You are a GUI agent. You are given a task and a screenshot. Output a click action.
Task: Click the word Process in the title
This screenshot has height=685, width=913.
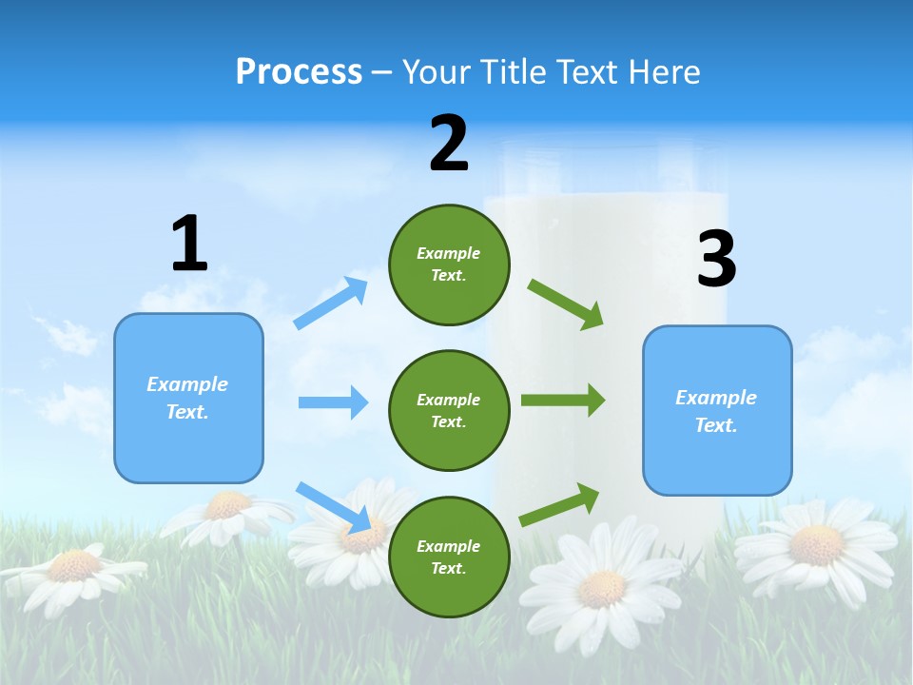[299, 72]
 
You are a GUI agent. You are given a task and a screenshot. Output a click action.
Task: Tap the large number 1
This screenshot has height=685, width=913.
[188, 245]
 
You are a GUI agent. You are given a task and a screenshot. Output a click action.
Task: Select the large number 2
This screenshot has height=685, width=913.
[449, 144]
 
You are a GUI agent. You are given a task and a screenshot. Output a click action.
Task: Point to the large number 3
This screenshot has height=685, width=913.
[716, 260]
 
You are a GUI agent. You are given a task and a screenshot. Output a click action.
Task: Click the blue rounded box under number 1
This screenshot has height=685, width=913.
[188, 398]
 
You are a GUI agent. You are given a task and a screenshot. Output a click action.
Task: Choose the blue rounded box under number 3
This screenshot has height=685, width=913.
[716, 410]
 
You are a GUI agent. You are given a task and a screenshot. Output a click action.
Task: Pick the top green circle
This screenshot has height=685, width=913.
[449, 264]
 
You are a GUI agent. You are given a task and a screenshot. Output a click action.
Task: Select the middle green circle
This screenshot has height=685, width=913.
[449, 410]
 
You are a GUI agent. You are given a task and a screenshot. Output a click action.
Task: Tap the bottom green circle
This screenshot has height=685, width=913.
[449, 557]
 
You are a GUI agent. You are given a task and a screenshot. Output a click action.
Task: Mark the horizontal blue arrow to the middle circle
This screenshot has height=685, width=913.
[333, 402]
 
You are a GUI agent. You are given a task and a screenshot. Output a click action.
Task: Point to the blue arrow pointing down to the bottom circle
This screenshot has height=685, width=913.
[333, 507]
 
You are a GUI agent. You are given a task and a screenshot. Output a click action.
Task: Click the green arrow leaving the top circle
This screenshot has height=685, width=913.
[566, 304]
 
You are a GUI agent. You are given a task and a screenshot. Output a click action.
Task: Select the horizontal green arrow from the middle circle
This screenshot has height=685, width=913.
[563, 401]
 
